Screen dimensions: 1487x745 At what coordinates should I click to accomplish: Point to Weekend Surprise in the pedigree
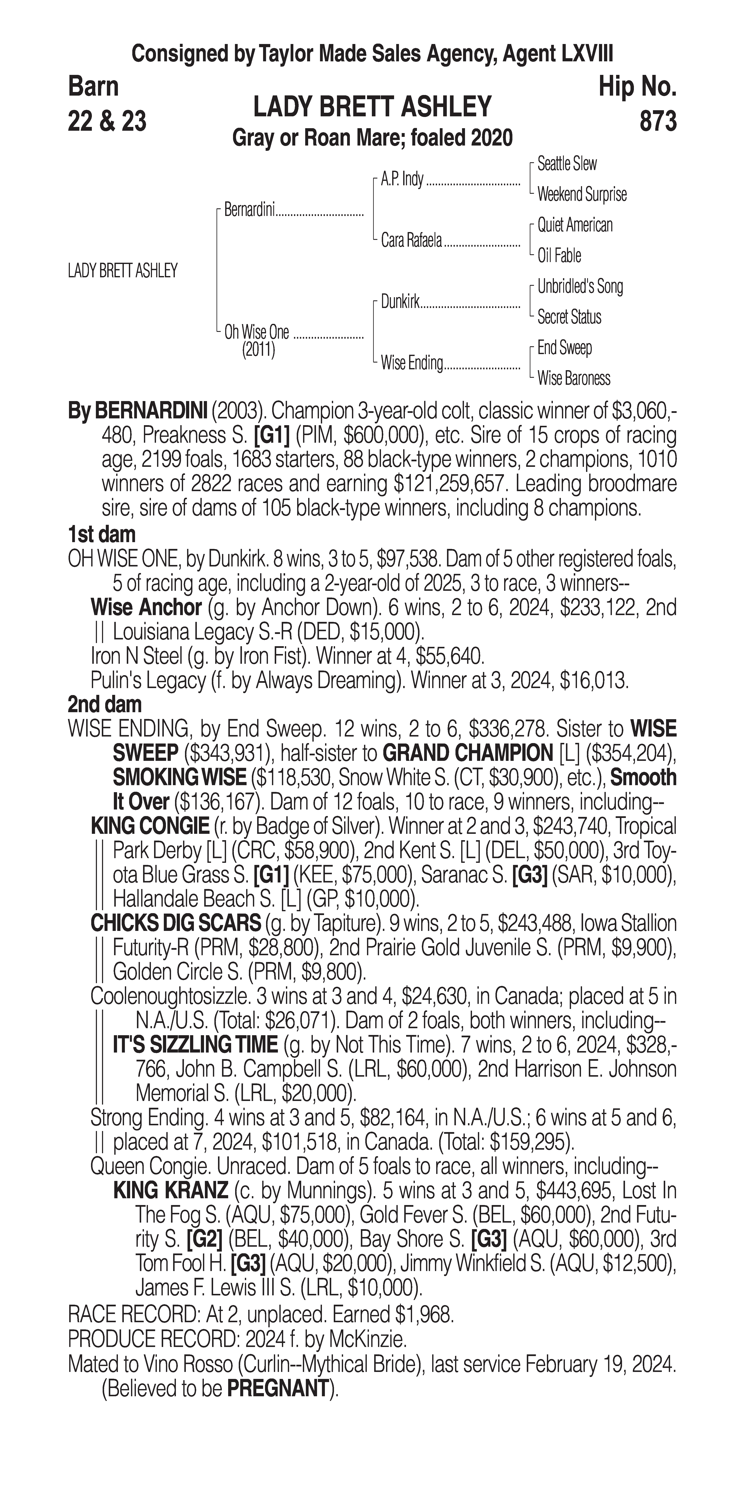(582, 195)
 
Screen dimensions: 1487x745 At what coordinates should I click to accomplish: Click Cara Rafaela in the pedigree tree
(411, 240)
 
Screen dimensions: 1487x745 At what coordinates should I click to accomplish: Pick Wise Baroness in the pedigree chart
(574, 379)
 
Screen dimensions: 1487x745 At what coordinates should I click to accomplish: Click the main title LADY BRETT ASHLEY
(372, 107)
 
